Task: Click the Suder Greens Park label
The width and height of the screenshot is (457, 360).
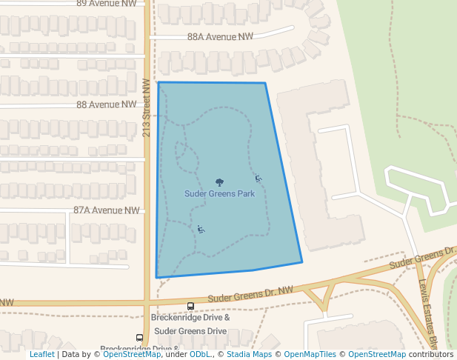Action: coord(219,194)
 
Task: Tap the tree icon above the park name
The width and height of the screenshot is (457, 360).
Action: coord(219,182)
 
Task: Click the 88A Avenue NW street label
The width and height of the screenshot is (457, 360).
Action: coord(220,36)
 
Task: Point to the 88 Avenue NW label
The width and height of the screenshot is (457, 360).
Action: coord(107,105)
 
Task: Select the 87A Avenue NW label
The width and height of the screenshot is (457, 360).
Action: coord(107,210)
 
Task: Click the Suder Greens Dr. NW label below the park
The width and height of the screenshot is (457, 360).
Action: coord(250,294)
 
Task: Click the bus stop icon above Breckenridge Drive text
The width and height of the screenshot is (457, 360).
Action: coord(190,306)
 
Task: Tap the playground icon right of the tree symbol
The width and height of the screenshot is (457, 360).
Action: coord(258,178)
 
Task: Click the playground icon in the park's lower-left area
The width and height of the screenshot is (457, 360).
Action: coord(201,229)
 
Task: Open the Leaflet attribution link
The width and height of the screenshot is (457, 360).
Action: coord(41,354)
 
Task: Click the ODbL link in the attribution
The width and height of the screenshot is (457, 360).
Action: coord(200,354)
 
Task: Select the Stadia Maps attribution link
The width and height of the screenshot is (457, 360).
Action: coord(248,354)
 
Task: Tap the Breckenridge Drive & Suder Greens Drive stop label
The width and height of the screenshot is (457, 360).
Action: coord(190,324)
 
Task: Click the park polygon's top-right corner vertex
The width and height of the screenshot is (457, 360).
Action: coord(265,83)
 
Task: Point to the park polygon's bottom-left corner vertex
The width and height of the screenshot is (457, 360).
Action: coord(156,278)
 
